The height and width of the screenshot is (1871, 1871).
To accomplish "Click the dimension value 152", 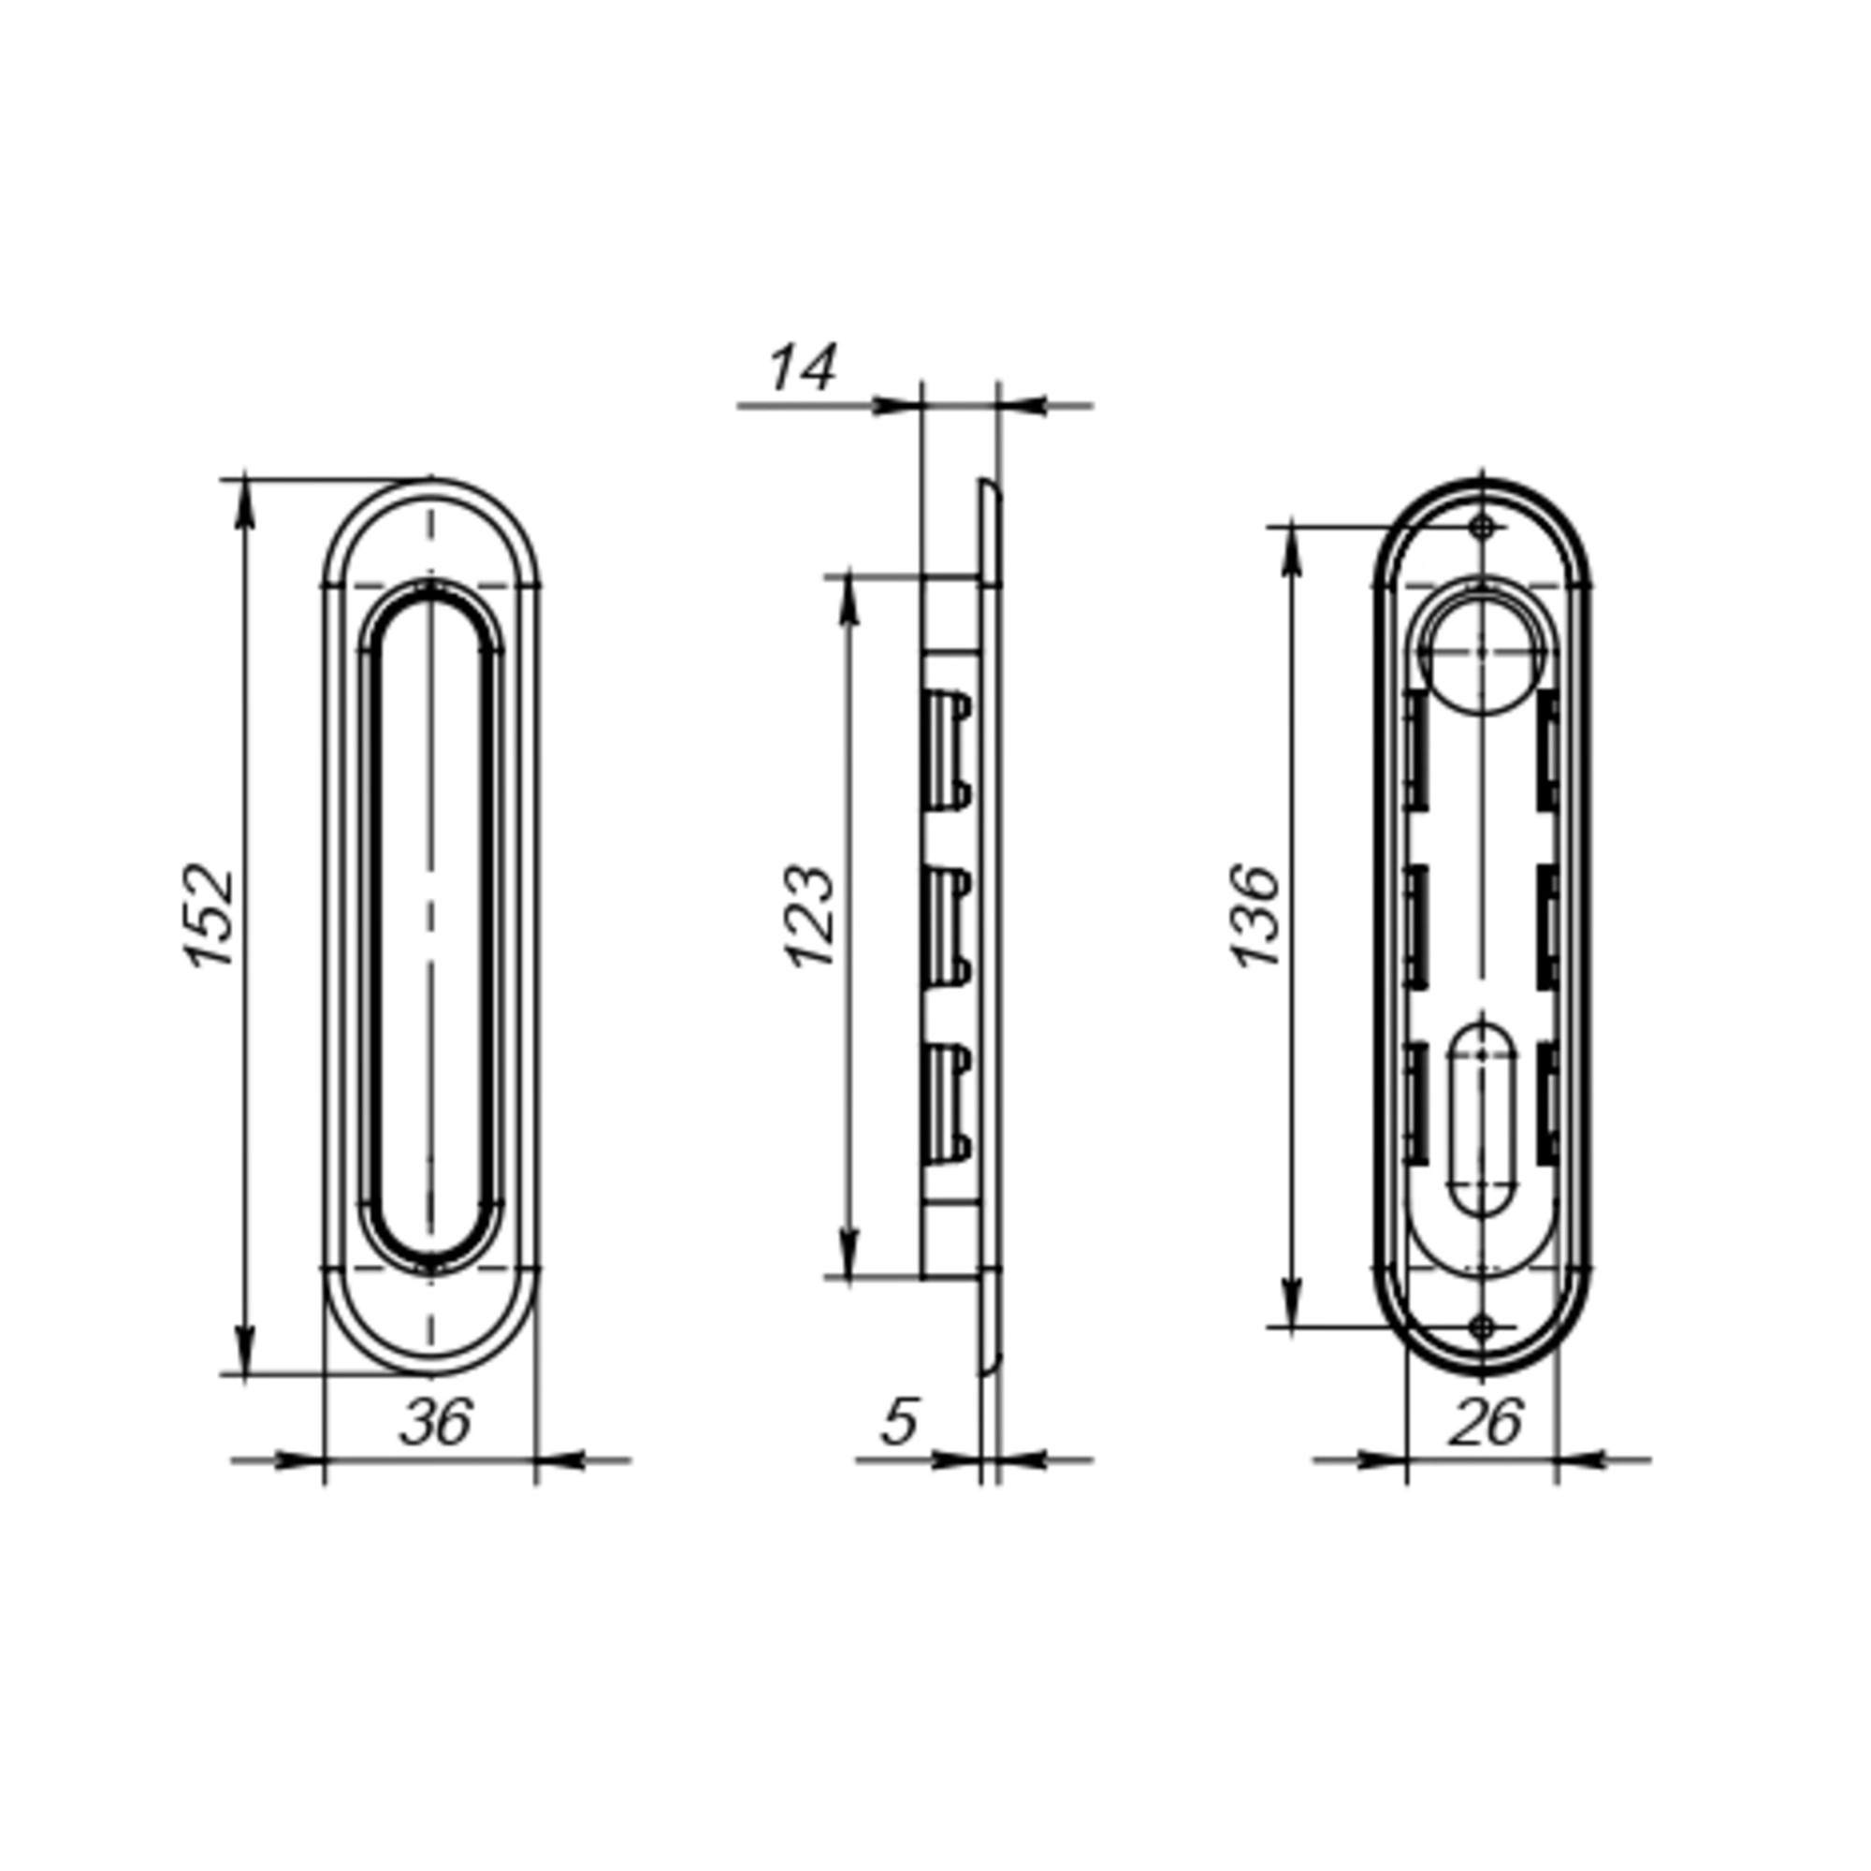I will (x=210, y=915).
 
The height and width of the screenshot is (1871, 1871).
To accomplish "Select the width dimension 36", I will (x=436, y=1422).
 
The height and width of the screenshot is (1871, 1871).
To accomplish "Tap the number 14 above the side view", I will (x=801, y=369).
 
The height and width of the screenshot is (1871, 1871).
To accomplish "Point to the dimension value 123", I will (x=809, y=916).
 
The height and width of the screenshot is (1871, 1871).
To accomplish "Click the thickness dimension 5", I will (x=899, y=1422).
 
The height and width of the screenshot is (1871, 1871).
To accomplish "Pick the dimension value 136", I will (x=1258, y=915).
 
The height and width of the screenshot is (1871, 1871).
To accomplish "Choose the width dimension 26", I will (x=1486, y=1422).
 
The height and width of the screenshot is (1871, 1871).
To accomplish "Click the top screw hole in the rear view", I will (x=1482, y=527).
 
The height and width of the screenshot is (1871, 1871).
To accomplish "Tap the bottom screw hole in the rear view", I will (x=1482, y=1327).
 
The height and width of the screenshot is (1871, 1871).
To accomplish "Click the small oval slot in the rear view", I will (x=1482, y=1120).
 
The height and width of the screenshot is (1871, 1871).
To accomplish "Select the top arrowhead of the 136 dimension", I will (x=1292, y=548).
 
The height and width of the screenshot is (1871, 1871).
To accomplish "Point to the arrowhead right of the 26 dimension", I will (x=1578, y=1458).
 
